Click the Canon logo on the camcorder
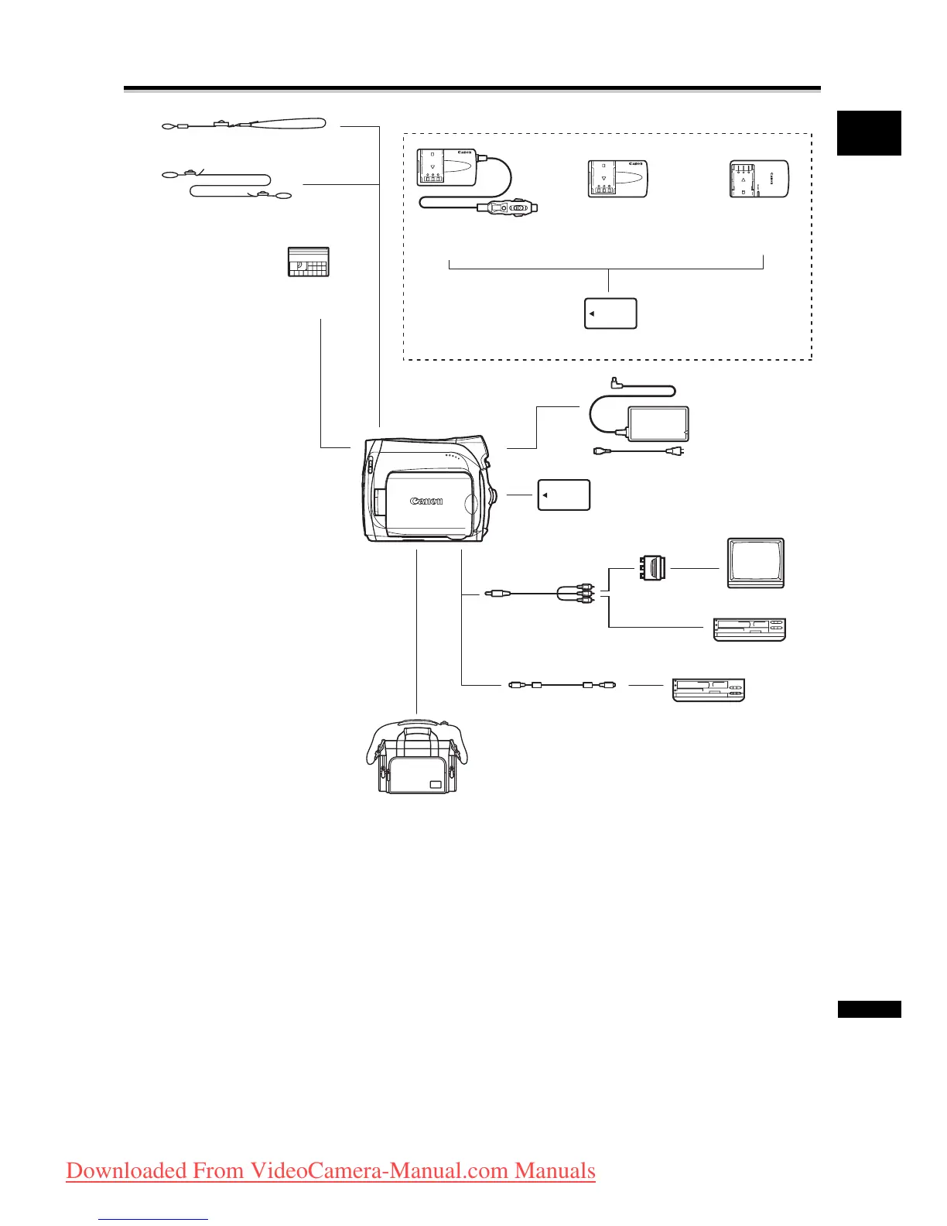point(426,502)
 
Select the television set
point(756,563)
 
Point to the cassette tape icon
point(308,262)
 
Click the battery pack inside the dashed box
point(610,313)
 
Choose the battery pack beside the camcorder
point(564,495)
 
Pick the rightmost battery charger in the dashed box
point(758,179)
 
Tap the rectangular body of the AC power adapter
point(658,423)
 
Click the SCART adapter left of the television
point(651,568)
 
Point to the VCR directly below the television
point(749,629)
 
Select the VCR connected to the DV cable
point(709,689)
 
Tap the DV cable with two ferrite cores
point(562,685)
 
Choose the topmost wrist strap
point(243,123)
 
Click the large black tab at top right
point(869,133)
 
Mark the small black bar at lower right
point(869,1009)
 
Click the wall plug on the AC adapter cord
point(675,451)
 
